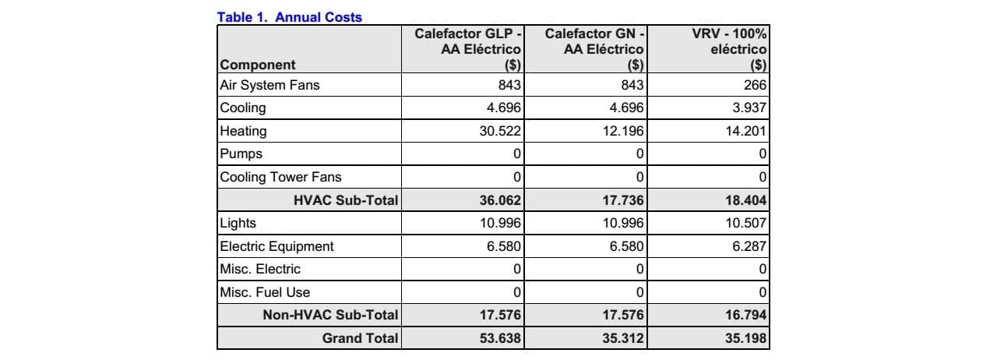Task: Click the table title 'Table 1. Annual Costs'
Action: tap(289, 17)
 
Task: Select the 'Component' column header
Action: tap(258, 65)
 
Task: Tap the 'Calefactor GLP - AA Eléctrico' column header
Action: tap(467, 49)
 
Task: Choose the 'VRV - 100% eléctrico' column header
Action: tap(729, 49)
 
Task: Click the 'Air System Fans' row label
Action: tap(270, 85)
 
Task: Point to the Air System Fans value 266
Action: tap(755, 85)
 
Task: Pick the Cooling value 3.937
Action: tap(749, 108)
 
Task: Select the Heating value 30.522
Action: tap(500, 131)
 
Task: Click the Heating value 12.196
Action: tap(623, 131)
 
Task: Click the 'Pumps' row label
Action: tap(241, 154)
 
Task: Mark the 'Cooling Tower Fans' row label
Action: tap(280, 177)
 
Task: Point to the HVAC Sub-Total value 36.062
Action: tap(500, 200)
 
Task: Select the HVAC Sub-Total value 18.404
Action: tap(746, 200)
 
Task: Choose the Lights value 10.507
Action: tap(746, 223)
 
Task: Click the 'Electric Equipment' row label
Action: tap(277, 246)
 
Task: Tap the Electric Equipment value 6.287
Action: tap(749, 246)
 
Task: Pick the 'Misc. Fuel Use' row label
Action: tap(265, 292)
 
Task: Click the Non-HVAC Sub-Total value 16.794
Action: tap(746, 315)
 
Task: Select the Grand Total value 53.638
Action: tap(500, 339)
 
